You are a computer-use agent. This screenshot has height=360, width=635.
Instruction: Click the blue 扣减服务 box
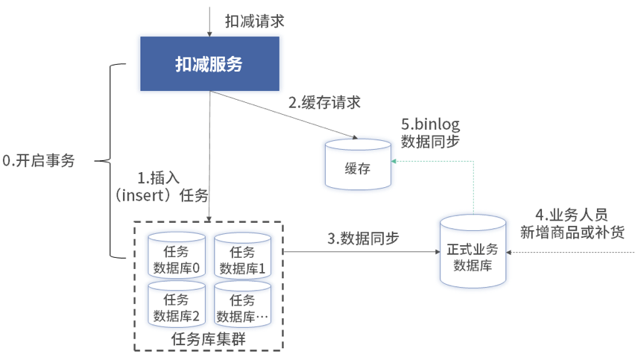pos(209,64)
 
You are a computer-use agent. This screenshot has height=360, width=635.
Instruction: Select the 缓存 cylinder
pos(358,164)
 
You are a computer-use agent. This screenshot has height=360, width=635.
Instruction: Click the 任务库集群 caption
pos(209,339)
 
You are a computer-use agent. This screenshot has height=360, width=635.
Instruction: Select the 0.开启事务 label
pos(39,161)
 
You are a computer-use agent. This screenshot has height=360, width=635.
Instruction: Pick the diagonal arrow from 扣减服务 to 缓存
pos(283,115)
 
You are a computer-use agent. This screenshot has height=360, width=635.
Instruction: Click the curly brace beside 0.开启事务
pos(112,160)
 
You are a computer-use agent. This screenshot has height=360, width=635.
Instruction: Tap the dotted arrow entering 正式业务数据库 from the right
pos(570,253)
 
